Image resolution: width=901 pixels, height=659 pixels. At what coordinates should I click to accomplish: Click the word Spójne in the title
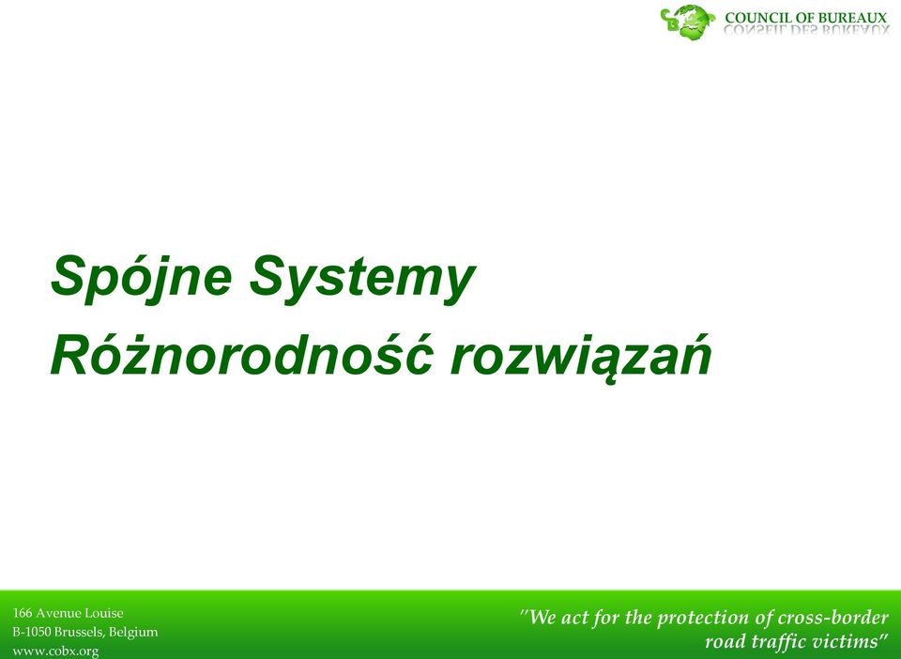pos(142,277)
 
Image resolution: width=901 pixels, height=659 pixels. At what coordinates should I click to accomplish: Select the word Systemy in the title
pos(362,279)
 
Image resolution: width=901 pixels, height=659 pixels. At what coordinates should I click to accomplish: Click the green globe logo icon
pos(688,22)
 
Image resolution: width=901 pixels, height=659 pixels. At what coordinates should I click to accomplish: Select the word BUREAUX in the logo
pos(853,18)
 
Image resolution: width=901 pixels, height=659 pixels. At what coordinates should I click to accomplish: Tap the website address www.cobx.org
pos(55,651)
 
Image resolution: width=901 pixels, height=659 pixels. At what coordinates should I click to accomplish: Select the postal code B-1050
pos(32,632)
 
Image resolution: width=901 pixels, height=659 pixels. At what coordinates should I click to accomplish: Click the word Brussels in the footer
pos(79,633)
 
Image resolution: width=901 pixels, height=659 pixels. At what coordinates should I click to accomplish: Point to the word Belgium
pos(133,633)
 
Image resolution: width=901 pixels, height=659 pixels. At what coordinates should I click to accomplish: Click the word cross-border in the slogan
pos(833,618)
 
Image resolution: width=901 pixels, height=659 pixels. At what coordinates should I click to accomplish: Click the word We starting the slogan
pos(542,618)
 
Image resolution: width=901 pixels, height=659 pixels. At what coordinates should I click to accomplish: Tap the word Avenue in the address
pos(58,613)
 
